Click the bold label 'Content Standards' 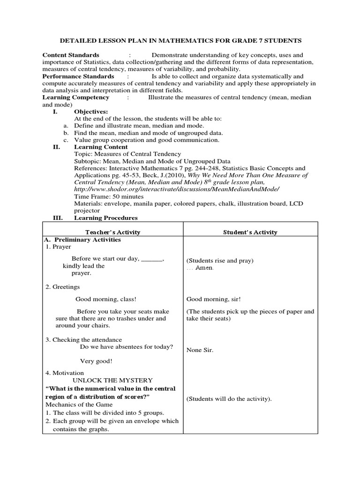click(71, 55)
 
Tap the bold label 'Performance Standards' click(78, 76)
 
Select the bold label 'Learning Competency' click(76, 97)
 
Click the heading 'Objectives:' click(91, 112)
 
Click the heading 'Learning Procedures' click(106, 218)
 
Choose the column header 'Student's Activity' click(250, 232)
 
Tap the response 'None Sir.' click(200, 350)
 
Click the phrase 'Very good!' click(96, 361)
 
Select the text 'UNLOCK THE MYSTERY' click(112, 380)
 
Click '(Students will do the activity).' click(229, 399)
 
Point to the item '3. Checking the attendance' click(83, 340)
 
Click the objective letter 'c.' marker click(66, 140)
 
